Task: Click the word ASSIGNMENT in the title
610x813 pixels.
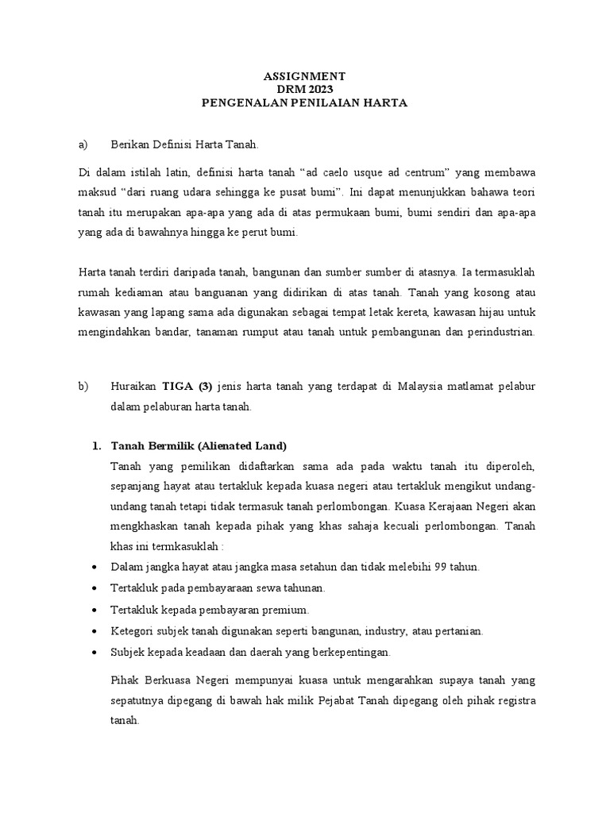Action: [304, 76]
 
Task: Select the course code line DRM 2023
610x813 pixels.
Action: [304, 90]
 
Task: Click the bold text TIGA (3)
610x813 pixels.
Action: [187, 387]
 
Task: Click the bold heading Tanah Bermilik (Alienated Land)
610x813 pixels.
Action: [199, 445]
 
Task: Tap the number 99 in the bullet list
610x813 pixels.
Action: [419, 568]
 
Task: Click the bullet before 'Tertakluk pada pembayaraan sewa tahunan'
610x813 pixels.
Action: [95, 589]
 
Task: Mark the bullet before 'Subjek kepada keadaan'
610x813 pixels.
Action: [95, 653]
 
